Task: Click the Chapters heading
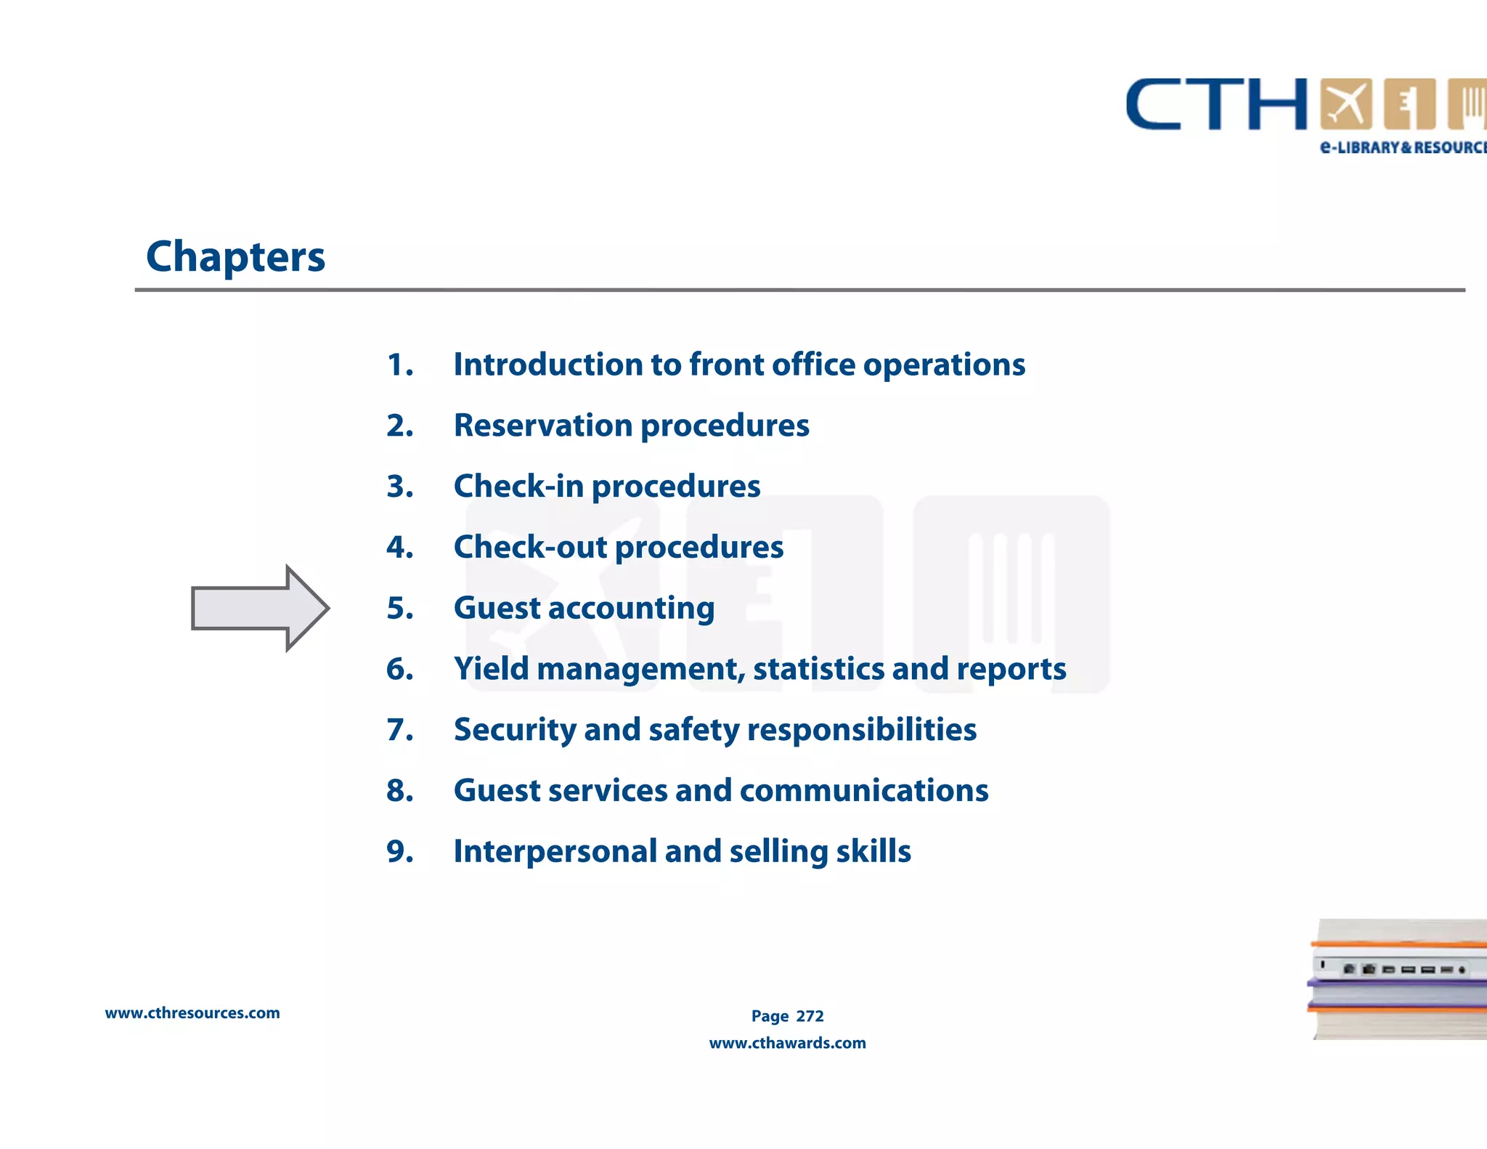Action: [235, 257]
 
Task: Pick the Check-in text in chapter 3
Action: [518, 487]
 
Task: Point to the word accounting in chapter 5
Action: [631, 609]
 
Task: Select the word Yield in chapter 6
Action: [491, 669]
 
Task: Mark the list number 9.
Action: [399, 851]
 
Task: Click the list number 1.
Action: [399, 365]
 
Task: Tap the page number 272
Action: [810, 1016]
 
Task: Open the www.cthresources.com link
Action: [192, 1013]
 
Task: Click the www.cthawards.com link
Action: [787, 1043]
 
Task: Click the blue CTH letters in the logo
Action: [1216, 105]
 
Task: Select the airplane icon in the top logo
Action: [1346, 105]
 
